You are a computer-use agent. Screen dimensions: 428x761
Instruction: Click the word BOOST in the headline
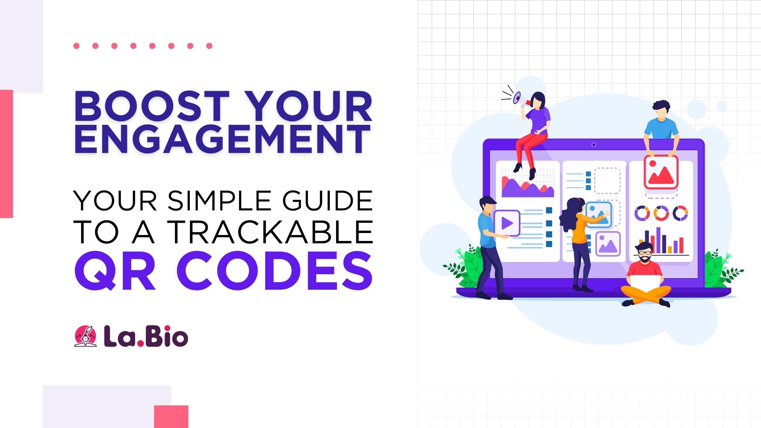152,106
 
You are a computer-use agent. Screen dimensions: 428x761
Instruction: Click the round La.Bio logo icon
85,336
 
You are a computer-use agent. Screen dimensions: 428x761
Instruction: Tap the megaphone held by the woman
517,97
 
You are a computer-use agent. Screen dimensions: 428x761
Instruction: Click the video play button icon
507,223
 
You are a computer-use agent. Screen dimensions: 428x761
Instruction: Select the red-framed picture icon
661,172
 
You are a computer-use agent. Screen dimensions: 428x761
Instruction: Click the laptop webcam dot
593,145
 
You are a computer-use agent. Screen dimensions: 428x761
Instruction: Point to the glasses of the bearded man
645,252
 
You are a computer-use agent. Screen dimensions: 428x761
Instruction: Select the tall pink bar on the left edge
6,154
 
